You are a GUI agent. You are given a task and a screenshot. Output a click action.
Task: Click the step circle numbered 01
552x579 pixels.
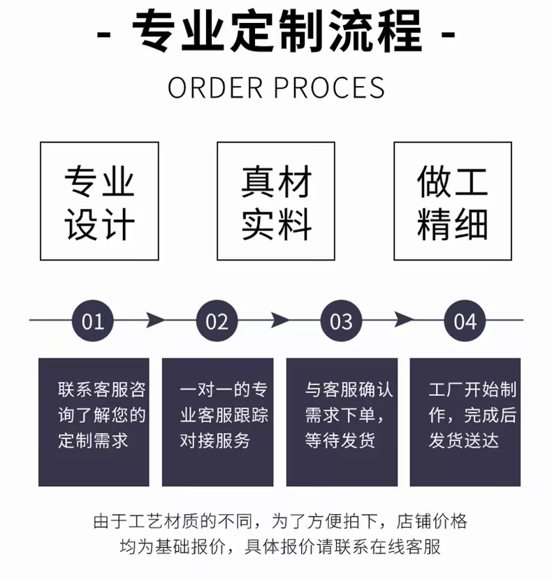tap(93, 321)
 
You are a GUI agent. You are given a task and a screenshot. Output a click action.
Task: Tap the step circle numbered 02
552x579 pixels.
tap(217, 321)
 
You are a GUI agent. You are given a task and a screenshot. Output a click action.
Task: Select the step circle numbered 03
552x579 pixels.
tap(341, 321)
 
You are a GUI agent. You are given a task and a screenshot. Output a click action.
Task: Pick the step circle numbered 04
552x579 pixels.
tap(465, 321)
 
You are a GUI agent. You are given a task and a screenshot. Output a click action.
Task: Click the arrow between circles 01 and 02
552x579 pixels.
tap(156, 321)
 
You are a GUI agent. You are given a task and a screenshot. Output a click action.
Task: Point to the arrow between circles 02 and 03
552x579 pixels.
tap(279, 321)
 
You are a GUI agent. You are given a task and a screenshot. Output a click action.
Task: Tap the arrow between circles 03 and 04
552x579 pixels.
tap(404, 321)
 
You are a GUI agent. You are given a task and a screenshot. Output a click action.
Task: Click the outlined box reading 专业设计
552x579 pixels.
tap(99, 201)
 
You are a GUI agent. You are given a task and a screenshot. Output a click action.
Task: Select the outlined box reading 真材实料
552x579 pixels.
tap(276, 201)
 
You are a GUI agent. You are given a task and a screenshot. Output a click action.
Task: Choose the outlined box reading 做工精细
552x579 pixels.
tap(453, 201)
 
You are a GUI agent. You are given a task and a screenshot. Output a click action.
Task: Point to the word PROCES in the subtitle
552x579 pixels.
tap(329, 87)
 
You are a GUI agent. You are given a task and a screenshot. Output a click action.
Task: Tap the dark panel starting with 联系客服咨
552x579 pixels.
tap(94, 422)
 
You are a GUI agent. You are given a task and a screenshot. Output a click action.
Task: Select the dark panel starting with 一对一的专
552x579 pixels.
tap(217, 422)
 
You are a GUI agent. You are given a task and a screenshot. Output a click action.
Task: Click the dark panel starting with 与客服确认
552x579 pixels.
tap(342, 422)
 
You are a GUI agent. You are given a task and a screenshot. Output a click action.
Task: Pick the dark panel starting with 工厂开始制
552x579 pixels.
tap(465, 422)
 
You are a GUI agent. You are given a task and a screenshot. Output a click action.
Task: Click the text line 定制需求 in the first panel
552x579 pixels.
tap(93, 441)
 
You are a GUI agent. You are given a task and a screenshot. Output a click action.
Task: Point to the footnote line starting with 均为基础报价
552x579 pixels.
tap(276, 546)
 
